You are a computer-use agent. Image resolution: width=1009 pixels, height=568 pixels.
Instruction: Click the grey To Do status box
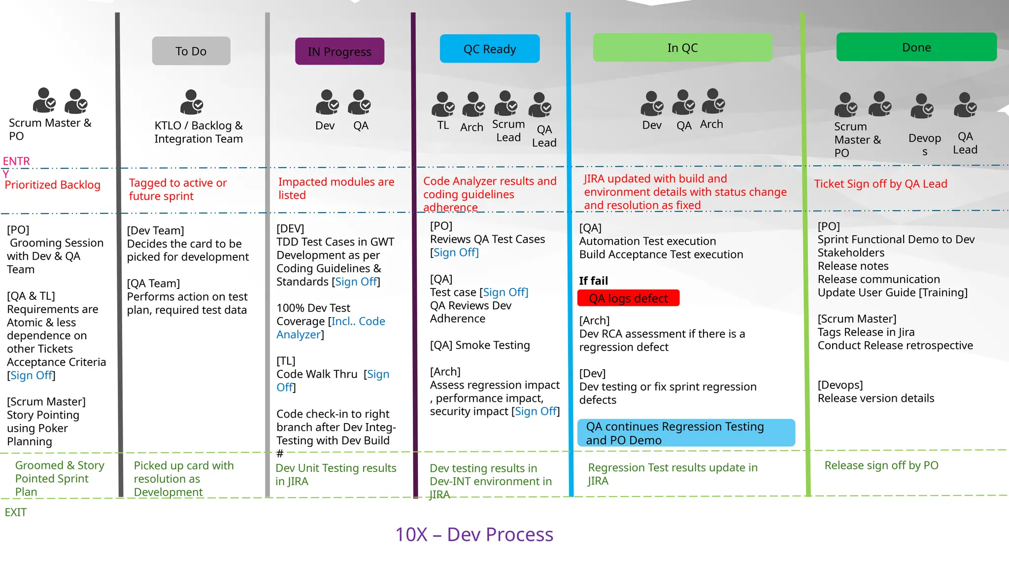(x=191, y=51)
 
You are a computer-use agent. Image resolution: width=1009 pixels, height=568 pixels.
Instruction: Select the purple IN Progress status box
(x=339, y=51)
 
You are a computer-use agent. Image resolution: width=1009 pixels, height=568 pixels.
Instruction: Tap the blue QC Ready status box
(x=490, y=49)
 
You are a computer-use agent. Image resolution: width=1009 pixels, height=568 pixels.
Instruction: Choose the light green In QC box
(x=682, y=47)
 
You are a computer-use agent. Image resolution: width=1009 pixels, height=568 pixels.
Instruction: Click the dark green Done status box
(x=916, y=47)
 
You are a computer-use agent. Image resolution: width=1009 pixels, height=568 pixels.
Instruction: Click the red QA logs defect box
(x=628, y=298)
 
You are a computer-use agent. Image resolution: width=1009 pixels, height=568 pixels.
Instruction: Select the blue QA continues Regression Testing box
(x=686, y=433)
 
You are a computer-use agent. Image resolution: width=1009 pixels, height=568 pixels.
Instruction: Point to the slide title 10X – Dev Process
(x=474, y=534)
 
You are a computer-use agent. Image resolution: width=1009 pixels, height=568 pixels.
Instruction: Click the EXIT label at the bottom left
(x=16, y=512)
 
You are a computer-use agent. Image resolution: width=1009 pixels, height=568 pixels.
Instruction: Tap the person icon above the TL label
(x=442, y=104)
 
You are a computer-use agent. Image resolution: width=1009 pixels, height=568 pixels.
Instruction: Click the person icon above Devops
(x=922, y=106)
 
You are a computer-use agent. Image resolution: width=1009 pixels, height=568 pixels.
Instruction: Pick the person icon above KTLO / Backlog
(x=191, y=102)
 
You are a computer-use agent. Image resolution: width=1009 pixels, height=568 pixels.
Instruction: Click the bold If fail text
(x=593, y=281)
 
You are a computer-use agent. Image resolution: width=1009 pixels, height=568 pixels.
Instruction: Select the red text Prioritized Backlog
(x=53, y=185)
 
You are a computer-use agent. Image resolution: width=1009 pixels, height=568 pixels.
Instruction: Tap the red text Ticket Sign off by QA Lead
(x=880, y=184)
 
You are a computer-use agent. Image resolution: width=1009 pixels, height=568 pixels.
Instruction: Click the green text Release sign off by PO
(x=881, y=465)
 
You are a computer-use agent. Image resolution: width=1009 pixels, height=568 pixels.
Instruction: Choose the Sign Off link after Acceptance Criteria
(x=31, y=375)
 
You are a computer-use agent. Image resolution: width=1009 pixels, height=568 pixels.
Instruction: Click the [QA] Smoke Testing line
(x=480, y=345)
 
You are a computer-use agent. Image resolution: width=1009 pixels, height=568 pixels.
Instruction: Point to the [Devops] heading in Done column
(x=840, y=385)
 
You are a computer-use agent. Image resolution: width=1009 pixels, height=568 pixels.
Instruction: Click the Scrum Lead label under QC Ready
(x=508, y=131)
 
